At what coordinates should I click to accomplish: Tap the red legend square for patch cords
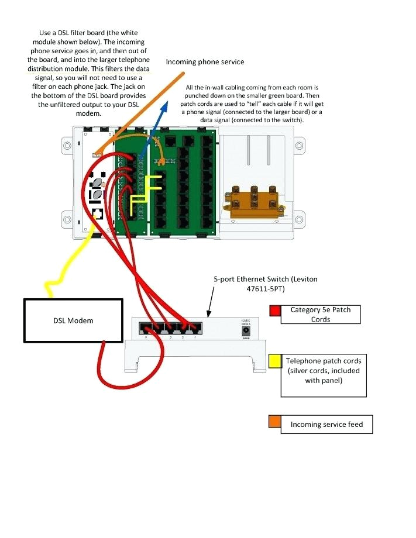275,311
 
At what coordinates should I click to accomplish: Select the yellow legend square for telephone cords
274,361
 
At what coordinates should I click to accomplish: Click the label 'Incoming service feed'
326,425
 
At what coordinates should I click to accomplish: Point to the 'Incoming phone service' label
205,61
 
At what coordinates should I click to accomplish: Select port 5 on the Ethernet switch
144,329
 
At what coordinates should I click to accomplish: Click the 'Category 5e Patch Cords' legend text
320,314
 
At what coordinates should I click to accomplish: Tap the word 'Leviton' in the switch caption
304,279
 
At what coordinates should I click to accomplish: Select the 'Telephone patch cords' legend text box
323,375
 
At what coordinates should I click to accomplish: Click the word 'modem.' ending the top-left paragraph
89,113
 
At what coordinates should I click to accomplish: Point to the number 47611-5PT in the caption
265,288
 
